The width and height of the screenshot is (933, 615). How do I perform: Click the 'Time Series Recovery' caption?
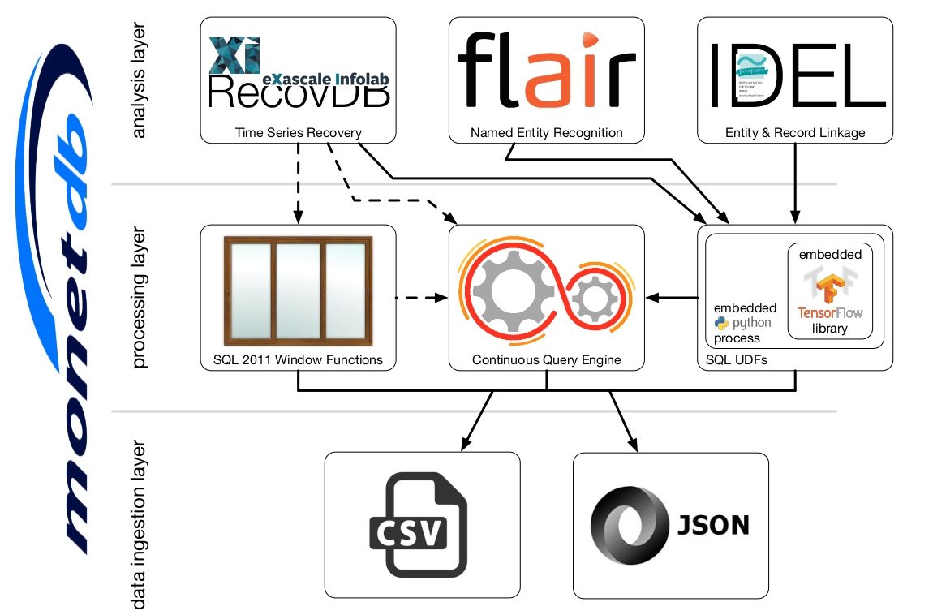298,132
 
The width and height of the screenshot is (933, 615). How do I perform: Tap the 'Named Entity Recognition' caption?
547,132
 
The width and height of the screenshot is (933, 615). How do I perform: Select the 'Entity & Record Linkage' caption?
795,132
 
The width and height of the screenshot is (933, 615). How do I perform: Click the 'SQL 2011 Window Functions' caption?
298,359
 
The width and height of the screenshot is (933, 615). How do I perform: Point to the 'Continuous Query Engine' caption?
547,359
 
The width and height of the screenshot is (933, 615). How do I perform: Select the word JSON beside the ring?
713,525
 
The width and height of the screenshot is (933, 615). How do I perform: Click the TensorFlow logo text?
829,312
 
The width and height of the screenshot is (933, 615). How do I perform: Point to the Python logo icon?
721,323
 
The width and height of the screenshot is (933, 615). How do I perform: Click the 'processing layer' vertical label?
139,298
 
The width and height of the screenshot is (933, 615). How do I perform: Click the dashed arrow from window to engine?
422,298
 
